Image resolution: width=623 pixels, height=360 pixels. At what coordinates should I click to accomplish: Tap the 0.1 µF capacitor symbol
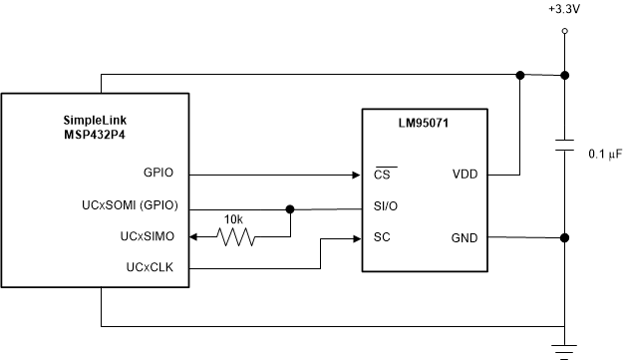(x=565, y=147)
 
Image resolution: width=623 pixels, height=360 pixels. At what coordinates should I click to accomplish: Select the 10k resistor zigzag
(x=236, y=237)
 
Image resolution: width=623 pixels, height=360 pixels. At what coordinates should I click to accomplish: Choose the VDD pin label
(x=465, y=174)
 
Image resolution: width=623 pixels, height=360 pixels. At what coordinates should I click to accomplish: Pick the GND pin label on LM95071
(x=464, y=238)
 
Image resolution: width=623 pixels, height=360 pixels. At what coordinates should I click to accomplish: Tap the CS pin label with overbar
(x=381, y=174)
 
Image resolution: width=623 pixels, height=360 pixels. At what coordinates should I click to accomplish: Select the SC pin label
(x=381, y=238)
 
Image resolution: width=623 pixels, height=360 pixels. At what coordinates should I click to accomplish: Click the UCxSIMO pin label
(x=147, y=238)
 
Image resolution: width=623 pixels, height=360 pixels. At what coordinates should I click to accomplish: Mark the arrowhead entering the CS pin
(x=356, y=175)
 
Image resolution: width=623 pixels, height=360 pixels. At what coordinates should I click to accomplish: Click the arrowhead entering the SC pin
(x=356, y=238)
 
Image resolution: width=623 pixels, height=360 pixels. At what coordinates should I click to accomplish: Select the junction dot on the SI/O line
(x=290, y=209)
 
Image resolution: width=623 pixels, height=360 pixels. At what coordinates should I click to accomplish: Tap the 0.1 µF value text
(x=605, y=154)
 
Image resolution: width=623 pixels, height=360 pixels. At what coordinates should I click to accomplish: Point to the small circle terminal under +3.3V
(x=565, y=32)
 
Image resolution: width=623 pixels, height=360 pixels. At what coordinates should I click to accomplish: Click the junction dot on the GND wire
(x=565, y=238)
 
